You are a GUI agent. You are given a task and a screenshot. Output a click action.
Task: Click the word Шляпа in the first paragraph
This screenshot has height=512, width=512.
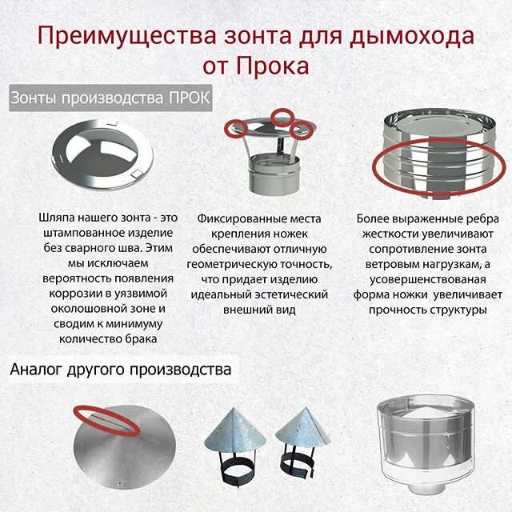pos(57,218)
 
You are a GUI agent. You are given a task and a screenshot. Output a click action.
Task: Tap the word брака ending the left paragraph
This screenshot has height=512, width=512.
pos(131,338)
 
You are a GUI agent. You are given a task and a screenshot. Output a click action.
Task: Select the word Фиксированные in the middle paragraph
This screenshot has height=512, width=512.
pos(236,218)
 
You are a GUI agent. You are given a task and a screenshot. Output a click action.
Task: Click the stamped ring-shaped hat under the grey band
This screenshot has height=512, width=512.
pos(100,152)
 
